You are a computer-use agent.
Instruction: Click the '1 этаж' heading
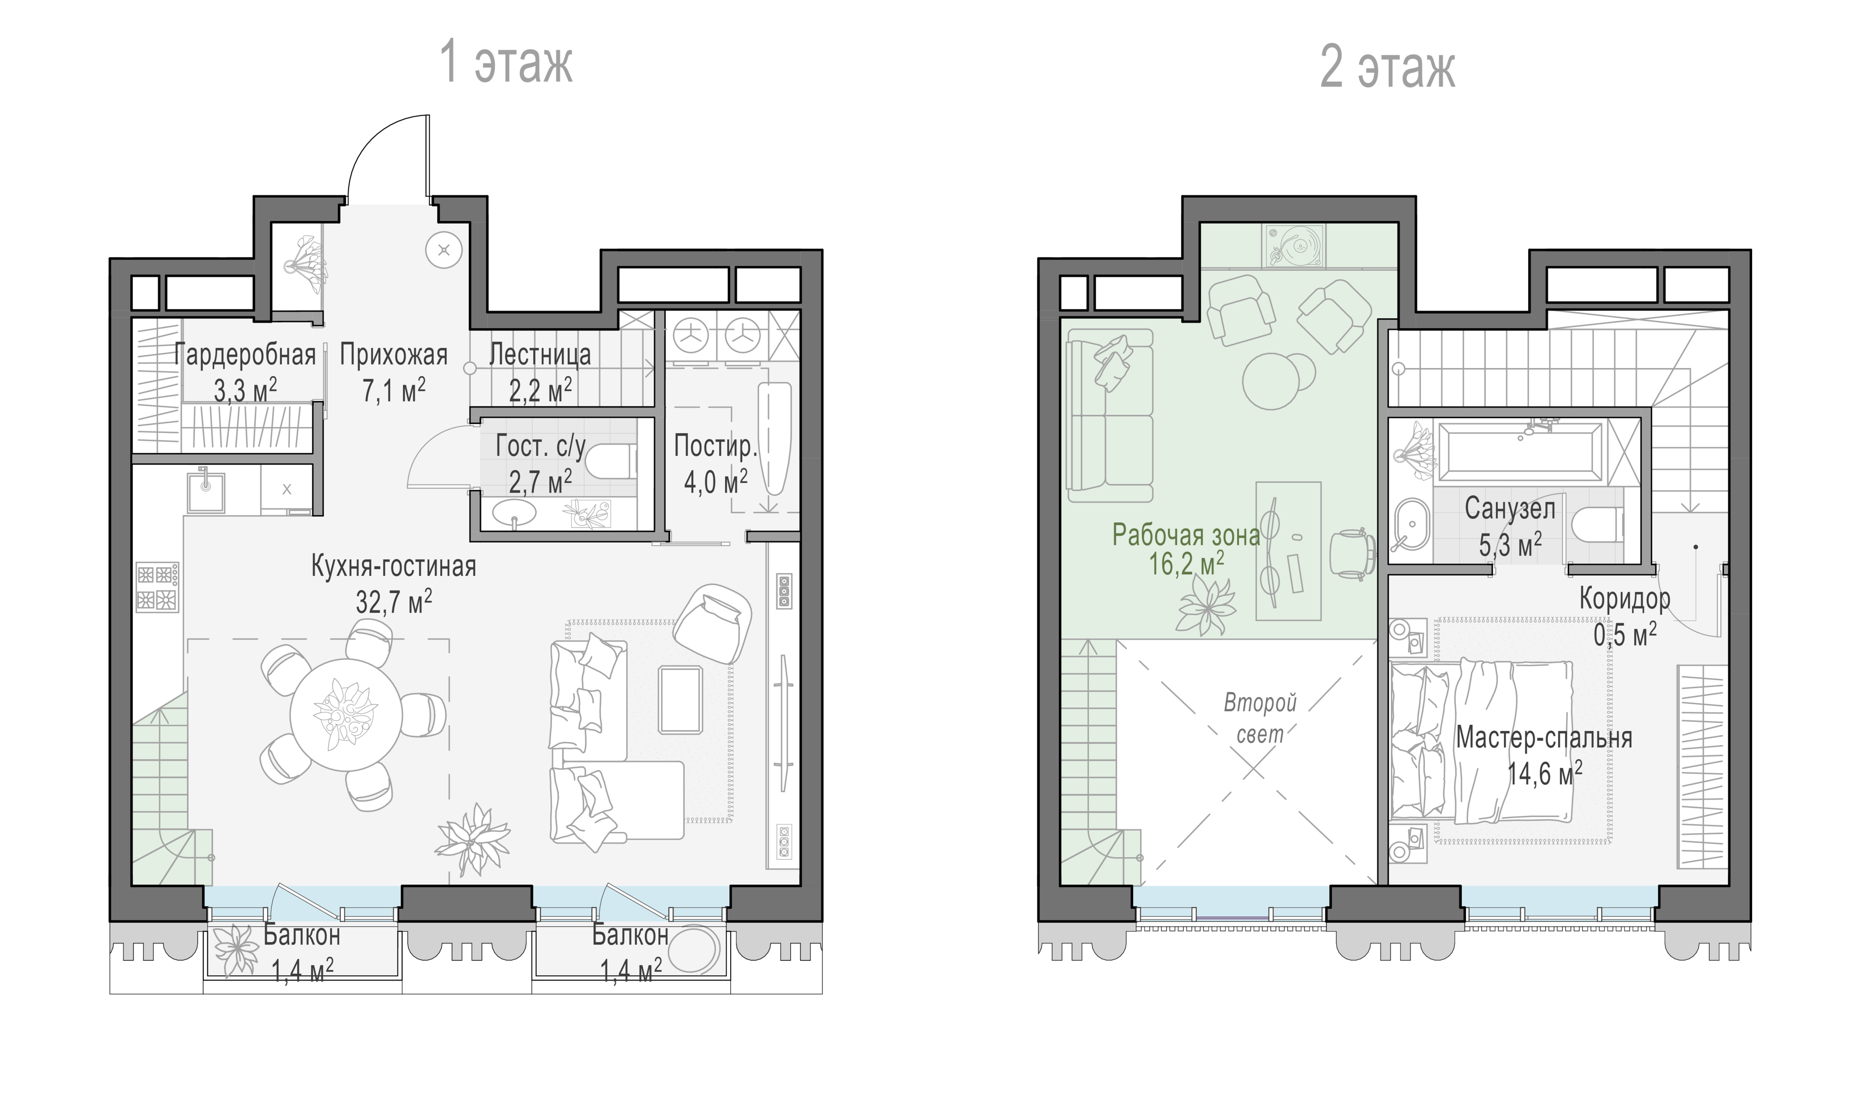click(x=507, y=64)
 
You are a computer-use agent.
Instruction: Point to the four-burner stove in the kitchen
click(x=158, y=587)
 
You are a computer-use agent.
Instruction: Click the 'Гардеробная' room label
click(x=245, y=355)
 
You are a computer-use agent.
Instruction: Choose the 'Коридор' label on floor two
click(x=1625, y=598)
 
